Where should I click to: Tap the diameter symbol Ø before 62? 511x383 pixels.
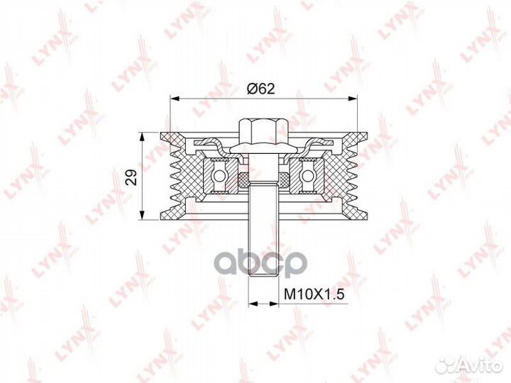[249, 89]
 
